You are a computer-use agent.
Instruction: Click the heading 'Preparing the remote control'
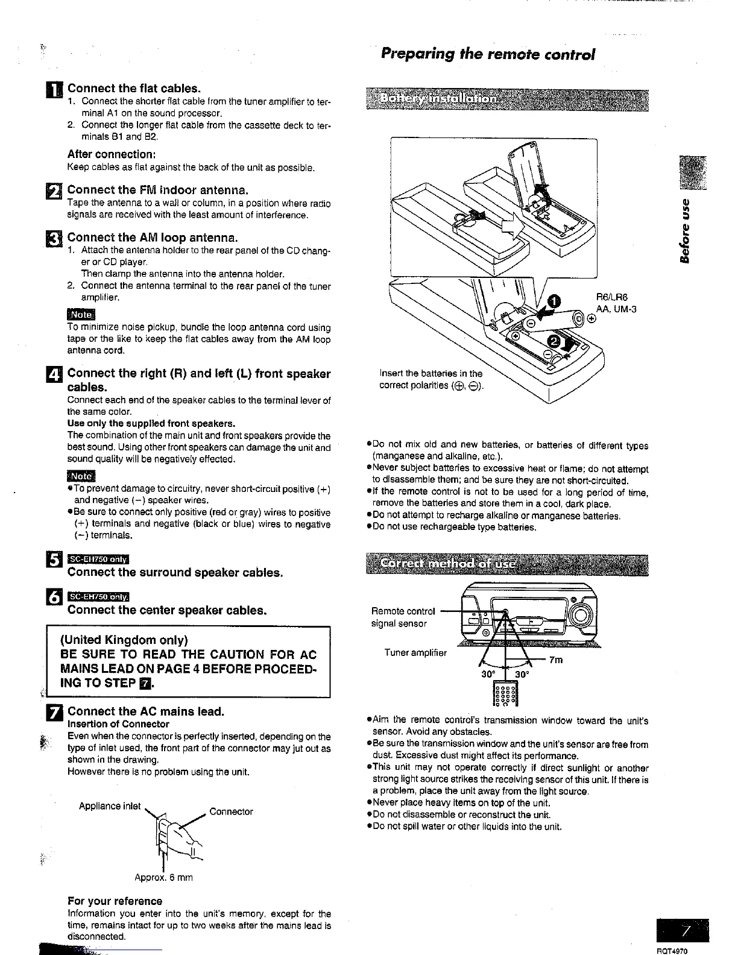coord(488,54)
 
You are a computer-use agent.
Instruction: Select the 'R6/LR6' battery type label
coord(611,297)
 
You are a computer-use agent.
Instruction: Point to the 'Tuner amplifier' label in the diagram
coord(415,653)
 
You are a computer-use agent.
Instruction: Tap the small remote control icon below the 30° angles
coord(505,694)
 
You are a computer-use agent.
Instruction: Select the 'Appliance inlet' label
coord(110,806)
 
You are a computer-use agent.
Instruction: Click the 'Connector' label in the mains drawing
coord(232,812)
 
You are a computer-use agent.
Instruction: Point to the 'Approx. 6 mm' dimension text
coord(163,878)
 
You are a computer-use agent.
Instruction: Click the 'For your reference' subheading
coord(115,901)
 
